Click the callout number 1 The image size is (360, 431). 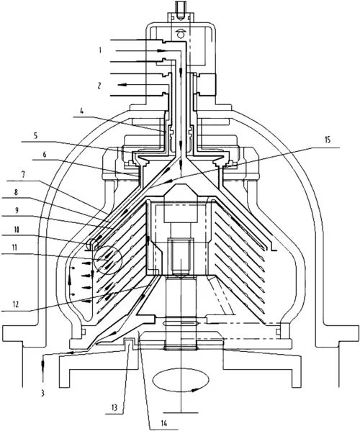(100, 50)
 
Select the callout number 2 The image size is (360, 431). (99, 85)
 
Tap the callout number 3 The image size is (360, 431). (42, 394)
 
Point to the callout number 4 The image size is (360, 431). (81, 112)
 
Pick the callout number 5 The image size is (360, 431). (35, 136)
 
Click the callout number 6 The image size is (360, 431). (44, 155)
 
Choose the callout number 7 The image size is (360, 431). (23, 175)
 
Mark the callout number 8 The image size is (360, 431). (17, 192)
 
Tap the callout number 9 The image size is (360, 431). (17, 211)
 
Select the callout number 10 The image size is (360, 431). (17, 230)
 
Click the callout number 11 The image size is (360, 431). (14, 248)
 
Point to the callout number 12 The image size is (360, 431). (16, 304)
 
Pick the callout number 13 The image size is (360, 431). (114, 407)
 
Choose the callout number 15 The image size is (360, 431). (328, 140)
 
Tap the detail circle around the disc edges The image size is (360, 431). (107, 260)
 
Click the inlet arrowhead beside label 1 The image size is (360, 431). (162, 51)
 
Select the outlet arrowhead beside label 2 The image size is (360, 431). (122, 85)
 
